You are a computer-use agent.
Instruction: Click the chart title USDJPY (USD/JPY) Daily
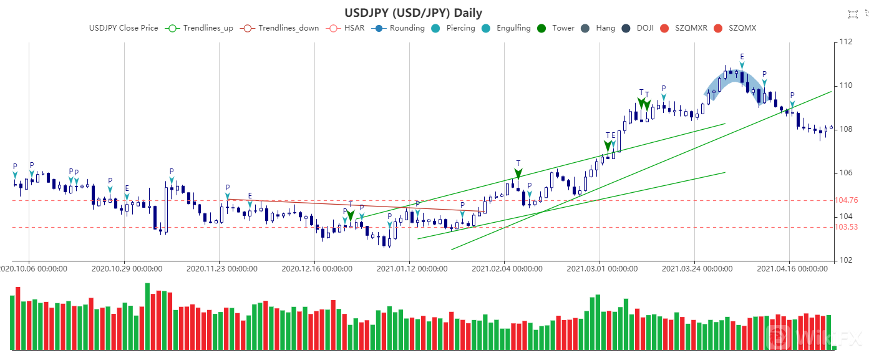[413, 12]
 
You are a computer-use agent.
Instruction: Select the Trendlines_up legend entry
[200, 28]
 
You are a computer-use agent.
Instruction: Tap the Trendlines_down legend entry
[281, 28]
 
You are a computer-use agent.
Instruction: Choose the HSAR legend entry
[346, 28]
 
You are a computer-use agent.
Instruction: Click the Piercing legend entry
[454, 28]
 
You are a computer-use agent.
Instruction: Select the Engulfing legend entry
[506, 28]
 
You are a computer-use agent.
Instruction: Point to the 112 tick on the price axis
[846, 42]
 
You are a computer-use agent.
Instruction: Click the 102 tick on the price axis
[846, 260]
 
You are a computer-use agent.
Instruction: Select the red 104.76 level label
[846, 200]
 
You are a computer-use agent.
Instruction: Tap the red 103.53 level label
[846, 227]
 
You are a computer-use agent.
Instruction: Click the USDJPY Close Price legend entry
[124, 28]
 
